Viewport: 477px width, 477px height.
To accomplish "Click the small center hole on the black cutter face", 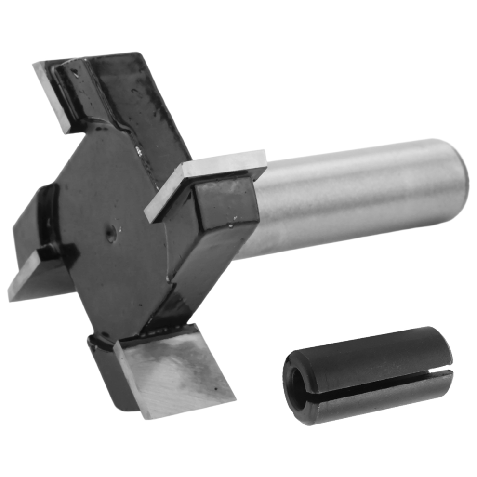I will [111, 236].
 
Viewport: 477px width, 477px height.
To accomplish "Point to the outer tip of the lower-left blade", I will [11, 295].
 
